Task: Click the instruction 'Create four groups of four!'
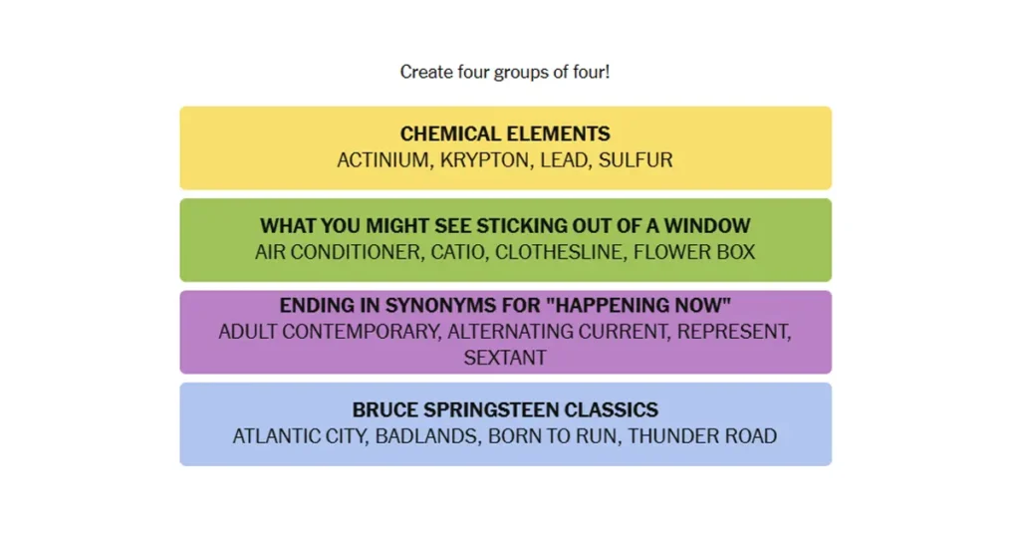tap(505, 72)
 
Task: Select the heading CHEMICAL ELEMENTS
tap(505, 134)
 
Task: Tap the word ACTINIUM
tap(384, 160)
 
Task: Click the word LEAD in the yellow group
tap(564, 160)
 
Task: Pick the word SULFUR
tap(636, 160)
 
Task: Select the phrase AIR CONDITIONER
tap(339, 252)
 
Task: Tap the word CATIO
tap(458, 252)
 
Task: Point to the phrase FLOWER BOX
tap(694, 252)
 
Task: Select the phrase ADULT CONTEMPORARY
tap(329, 332)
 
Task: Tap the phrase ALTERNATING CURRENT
tap(558, 332)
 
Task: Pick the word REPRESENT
tap(733, 332)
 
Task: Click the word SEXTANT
tap(505, 358)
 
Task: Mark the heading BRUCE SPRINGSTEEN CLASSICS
tap(505, 409)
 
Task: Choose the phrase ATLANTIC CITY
tap(301, 436)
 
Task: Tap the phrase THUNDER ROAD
tap(702, 436)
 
